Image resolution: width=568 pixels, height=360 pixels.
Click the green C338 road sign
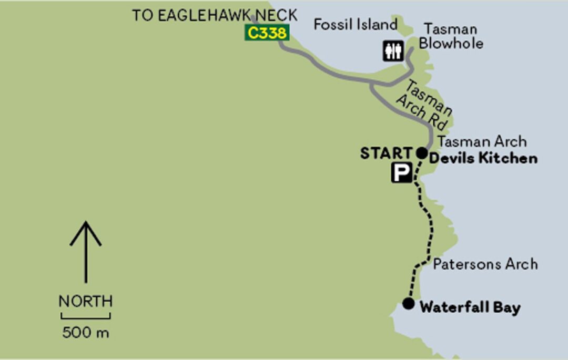click(x=267, y=33)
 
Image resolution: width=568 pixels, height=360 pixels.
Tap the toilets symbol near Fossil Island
click(x=393, y=52)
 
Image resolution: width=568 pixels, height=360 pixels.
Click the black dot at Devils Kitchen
click(x=422, y=153)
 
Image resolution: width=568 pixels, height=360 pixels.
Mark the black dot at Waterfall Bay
click(x=408, y=303)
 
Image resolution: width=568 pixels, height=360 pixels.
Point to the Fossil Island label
click(x=355, y=24)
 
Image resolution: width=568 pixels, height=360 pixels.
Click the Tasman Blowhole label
click(x=450, y=36)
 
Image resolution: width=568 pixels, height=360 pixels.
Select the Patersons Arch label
click(x=485, y=264)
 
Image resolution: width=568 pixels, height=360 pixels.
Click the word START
click(x=387, y=153)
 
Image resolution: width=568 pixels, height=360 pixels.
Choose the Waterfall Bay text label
click(x=470, y=307)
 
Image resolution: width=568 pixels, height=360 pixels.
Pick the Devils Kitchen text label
click(x=483, y=158)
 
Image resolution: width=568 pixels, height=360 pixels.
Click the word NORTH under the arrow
click(x=85, y=302)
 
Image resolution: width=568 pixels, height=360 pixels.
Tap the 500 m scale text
click(x=85, y=332)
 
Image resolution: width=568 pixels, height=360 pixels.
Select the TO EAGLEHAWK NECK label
click(x=215, y=15)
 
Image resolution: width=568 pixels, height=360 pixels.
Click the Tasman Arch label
click(x=482, y=141)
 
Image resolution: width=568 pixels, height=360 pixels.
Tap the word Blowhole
click(x=451, y=43)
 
